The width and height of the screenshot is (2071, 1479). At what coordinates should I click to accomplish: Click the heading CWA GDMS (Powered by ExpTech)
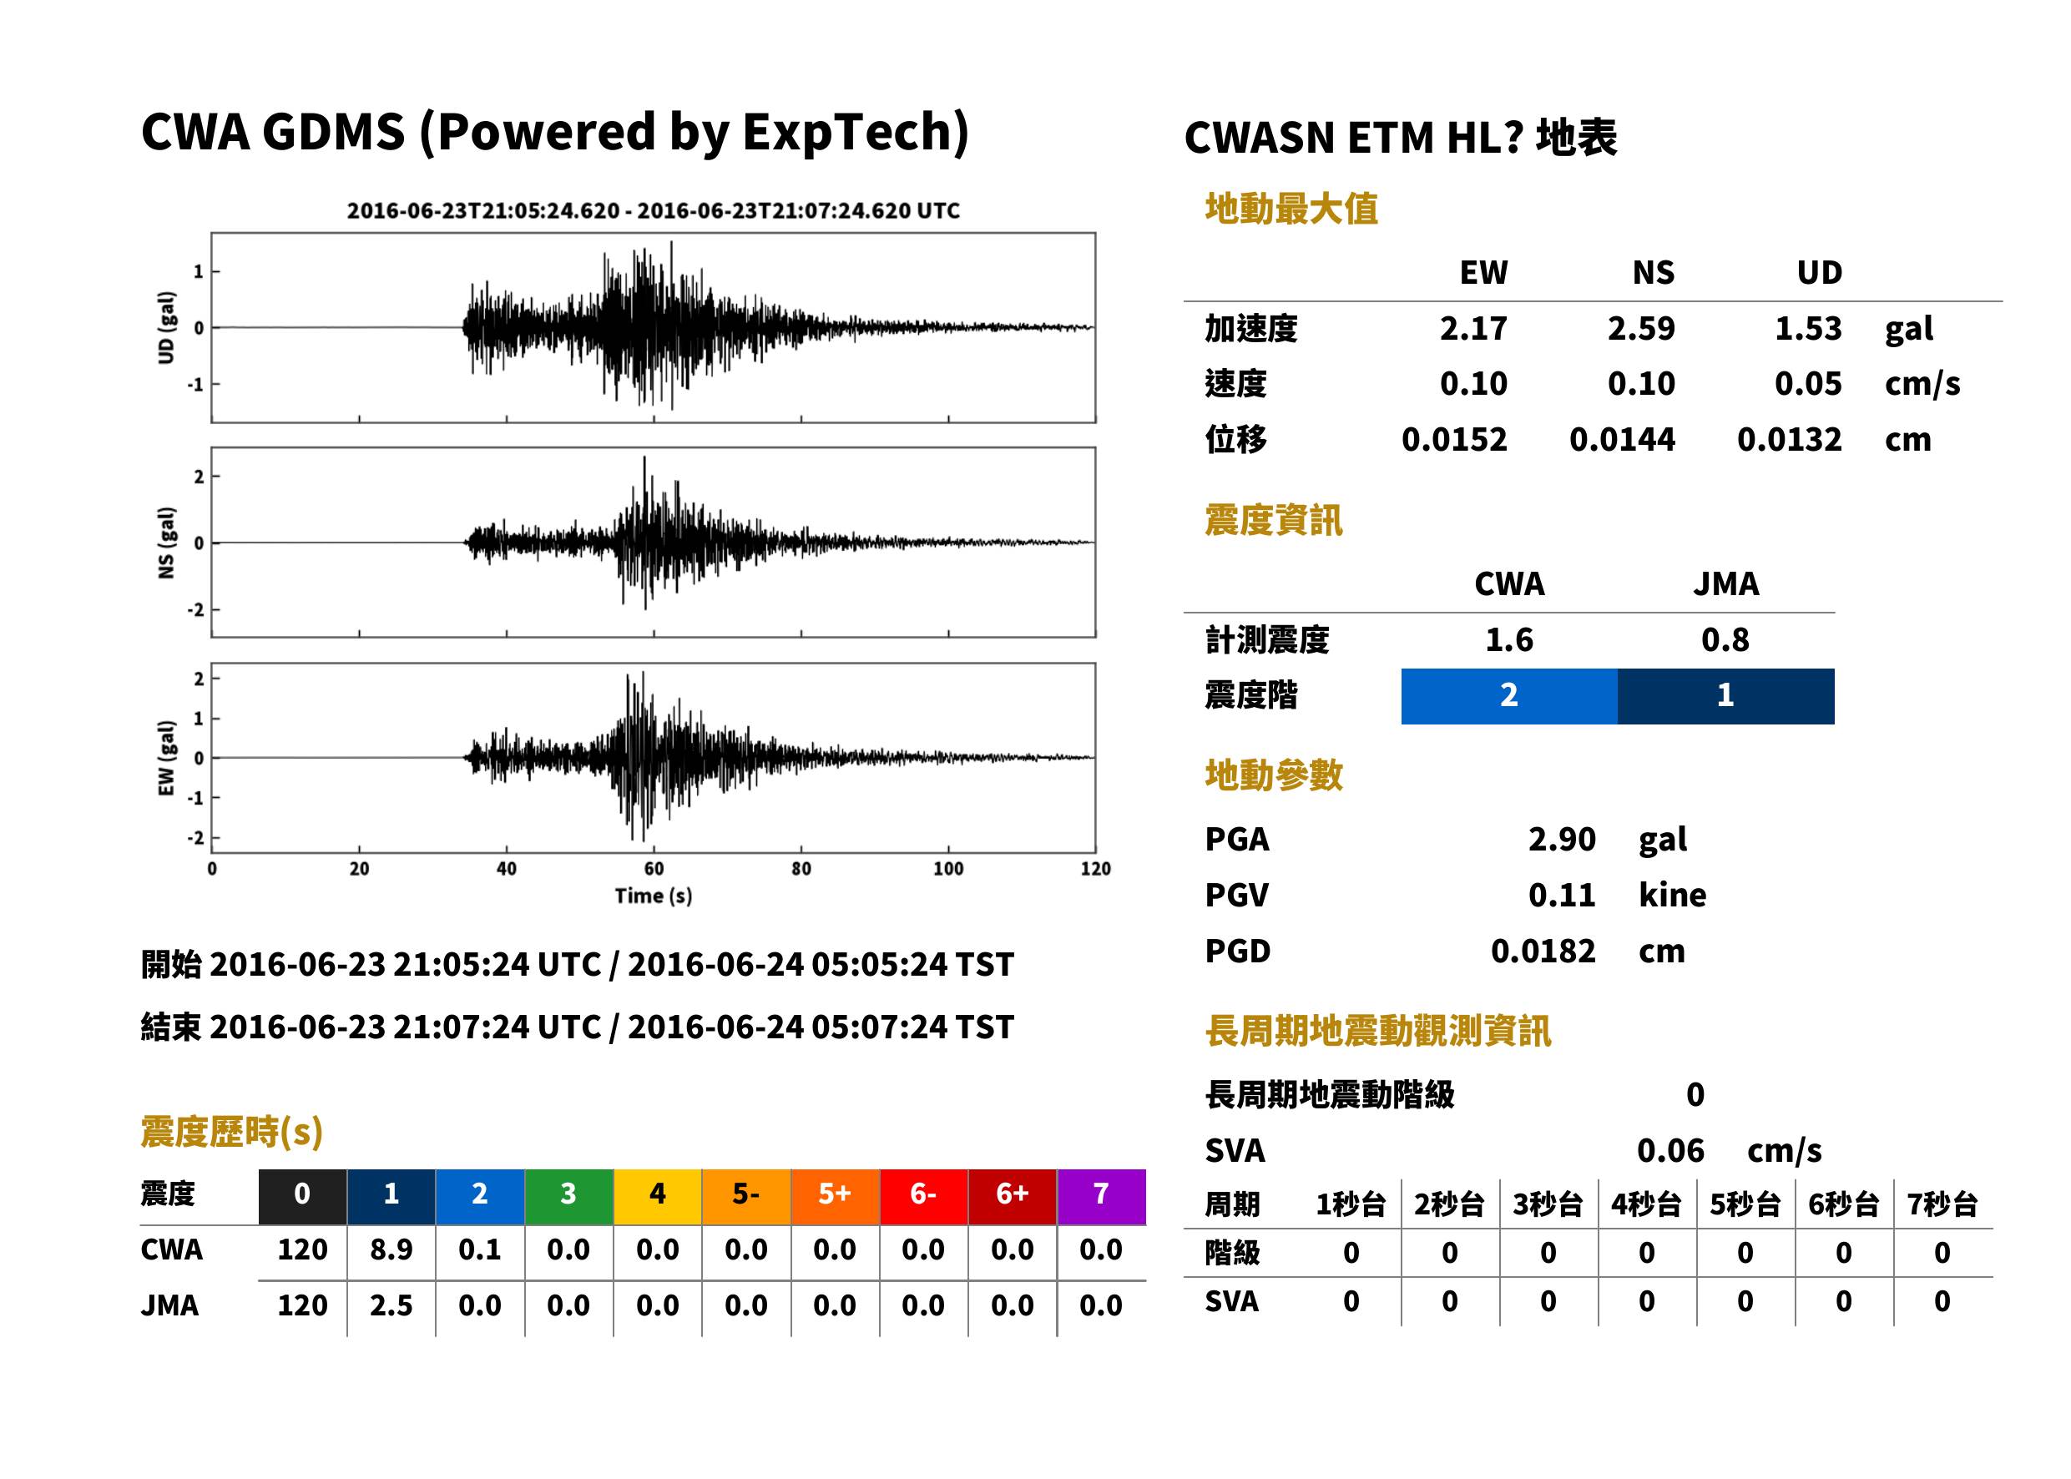pos(554,133)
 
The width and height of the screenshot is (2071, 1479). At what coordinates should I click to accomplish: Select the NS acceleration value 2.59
pos(1640,328)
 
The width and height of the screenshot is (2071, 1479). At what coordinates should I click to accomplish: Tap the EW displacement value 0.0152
pos(1453,440)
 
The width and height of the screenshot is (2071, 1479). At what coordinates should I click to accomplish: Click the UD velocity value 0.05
pos(1808,383)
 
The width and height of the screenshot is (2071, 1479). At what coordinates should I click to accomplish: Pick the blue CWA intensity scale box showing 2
pos(1509,696)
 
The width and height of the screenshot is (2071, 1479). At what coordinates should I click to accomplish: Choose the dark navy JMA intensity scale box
pos(1726,696)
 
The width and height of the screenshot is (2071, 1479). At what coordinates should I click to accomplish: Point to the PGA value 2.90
pos(1561,839)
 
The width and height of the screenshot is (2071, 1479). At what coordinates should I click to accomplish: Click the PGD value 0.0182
pos(1543,951)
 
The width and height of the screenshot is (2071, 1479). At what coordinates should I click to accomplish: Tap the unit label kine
pos(1672,896)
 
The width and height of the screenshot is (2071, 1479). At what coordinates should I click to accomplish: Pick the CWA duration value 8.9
pos(391,1249)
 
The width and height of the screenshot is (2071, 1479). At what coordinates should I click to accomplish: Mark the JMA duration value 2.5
pos(391,1305)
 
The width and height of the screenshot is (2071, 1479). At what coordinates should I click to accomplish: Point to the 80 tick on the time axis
pos(801,869)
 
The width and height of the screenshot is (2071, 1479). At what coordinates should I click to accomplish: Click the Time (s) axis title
pos(653,896)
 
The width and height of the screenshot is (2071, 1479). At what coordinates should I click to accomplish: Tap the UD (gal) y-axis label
pos(166,328)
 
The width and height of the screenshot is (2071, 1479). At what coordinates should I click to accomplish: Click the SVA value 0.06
pos(1670,1150)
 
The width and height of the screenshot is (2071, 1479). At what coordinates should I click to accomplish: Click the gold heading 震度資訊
pos(1273,521)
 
